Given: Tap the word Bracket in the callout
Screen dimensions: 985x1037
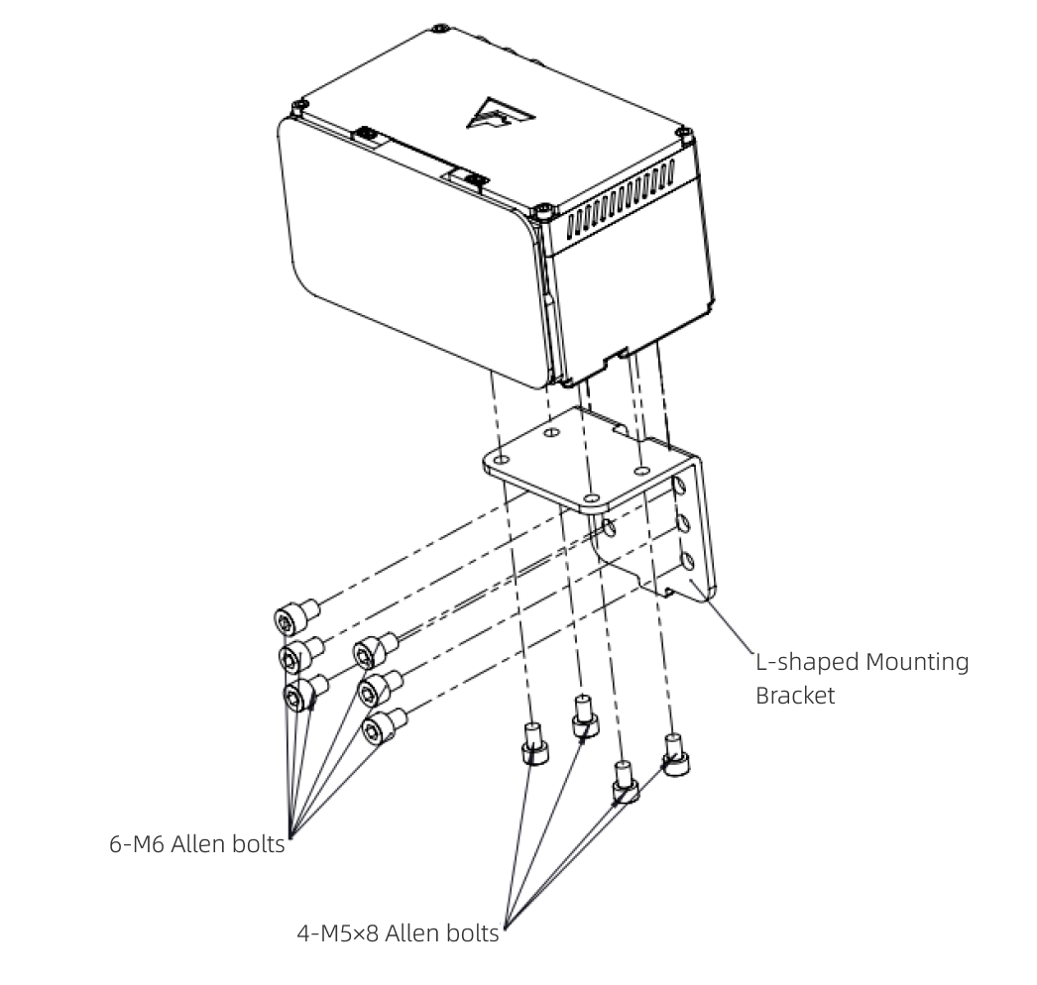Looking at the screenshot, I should coord(795,695).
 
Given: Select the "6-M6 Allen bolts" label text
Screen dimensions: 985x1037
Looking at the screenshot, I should coord(196,845).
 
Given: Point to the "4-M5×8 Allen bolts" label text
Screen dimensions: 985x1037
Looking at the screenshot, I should coord(399,932).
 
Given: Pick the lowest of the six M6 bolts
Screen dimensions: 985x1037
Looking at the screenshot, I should coord(383,727).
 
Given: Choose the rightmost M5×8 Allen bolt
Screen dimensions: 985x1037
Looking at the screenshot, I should coord(676,755).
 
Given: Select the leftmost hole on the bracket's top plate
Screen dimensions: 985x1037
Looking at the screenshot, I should coord(504,460).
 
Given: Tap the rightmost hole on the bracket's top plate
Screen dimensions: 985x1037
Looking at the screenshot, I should coord(641,467).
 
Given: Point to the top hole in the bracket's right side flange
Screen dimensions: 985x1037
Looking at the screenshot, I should coord(680,487).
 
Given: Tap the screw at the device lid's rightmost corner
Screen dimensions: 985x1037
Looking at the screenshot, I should coord(681,133).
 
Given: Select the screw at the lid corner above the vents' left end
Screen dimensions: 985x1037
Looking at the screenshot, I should coord(547,210).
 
